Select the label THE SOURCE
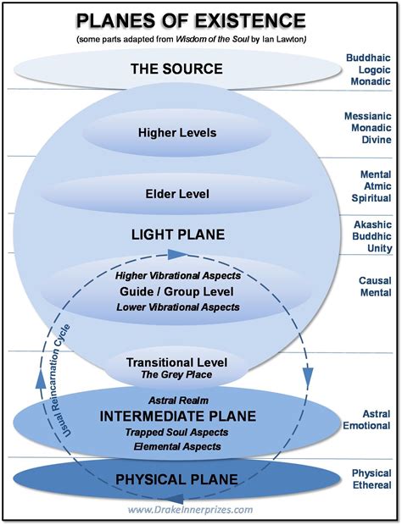coord(176,69)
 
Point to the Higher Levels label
coord(176,132)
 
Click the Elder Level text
coord(176,194)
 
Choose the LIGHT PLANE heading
coord(176,233)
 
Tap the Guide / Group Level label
coord(176,291)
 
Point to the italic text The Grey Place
coord(176,375)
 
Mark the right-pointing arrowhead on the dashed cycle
coord(175,253)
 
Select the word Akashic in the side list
coord(369,224)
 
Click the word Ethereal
coord(369,486)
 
